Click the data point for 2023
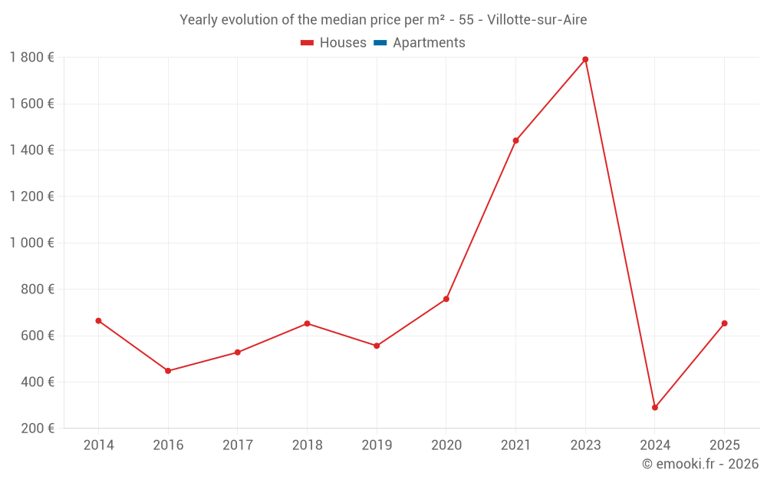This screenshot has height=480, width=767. [x=585, y=59]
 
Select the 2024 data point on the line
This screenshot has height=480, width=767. [x=655, y=408]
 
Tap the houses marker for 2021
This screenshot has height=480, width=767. [x=515, y=141]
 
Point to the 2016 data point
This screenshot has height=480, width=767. [x=168, y=371]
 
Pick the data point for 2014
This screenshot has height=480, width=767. [x=98, y=320]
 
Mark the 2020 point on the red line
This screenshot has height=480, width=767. [x=446, y=299]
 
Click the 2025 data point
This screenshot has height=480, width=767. [x=724, y=323]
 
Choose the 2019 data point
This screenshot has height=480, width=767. [x=377, y=346]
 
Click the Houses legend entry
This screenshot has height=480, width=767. [x=334, y=43]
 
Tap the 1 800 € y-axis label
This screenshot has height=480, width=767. [x=31, y=57]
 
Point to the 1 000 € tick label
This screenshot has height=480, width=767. [x=31, y=243]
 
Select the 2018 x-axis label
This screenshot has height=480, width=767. [x=307, y=445]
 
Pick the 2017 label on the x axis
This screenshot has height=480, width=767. [x=238, y=445]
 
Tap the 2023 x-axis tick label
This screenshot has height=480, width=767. [x=585, y=445]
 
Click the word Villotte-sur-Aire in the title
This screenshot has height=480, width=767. [x=537, y=20]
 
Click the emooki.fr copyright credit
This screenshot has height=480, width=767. [x=700, y=464]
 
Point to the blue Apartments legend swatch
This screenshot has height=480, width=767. [x=380, y=43]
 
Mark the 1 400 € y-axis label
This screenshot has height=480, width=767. [x=31, y=150]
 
